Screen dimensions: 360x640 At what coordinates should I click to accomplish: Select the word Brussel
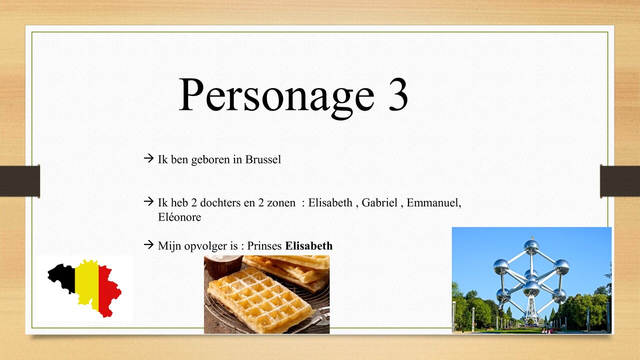click(263, 160)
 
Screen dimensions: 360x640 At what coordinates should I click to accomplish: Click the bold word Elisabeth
click(308, 246)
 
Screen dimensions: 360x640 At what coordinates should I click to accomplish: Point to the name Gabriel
click(379, 203)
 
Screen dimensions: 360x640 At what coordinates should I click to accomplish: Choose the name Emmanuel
click(433, 203)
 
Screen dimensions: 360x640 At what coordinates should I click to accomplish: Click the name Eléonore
click(179, 217)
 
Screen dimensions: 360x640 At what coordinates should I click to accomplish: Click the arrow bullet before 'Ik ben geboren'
click(148, 159)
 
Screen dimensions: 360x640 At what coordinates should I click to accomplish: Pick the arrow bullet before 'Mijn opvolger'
click(148, 245)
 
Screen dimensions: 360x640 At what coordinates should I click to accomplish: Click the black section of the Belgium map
click(62, 278)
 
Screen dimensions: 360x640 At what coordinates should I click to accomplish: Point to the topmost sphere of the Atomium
click(531, 246)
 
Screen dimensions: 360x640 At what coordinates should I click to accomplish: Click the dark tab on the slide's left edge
click(20, 181)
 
